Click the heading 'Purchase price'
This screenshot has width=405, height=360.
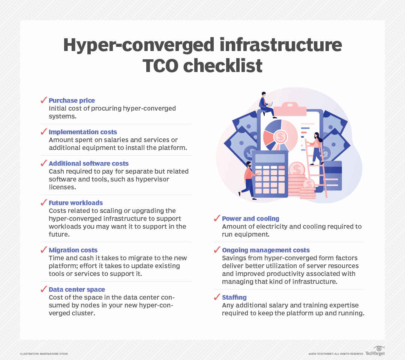[72, 100]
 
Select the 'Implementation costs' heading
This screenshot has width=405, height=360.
[83, 132]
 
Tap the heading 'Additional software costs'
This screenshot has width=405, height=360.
[88, 163]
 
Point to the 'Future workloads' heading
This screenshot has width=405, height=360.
[76, 203]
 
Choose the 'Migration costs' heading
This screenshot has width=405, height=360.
[73, 250]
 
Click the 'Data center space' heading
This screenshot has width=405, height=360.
[77, 289]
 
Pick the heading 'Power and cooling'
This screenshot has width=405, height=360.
[250, 219]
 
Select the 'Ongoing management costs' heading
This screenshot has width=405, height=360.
[266, 250]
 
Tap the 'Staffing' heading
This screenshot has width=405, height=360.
[234, 297]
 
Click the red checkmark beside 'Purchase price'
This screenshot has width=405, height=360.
[43, 100]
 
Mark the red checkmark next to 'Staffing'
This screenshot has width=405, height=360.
[217, 297]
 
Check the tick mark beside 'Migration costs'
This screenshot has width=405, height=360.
[43, 250]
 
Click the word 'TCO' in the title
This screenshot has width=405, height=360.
[160, 66]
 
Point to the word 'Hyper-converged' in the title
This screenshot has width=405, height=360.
[139, 45]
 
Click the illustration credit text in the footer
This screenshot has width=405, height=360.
[44, 354]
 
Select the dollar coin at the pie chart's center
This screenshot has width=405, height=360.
[280, 136]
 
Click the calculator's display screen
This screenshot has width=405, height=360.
[270, 158]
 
